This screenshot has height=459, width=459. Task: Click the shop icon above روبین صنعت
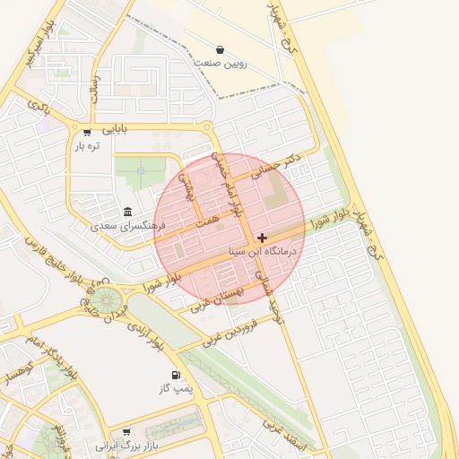click(221, 49)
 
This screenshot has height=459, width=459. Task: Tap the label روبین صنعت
click(221, 65)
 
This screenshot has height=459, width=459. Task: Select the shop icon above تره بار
click(86, 131)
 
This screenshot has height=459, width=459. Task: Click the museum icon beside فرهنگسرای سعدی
click(128, 212)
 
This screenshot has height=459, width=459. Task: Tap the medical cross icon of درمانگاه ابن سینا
click(261, 238)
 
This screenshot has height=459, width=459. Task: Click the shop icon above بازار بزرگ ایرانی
click(126, 431)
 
